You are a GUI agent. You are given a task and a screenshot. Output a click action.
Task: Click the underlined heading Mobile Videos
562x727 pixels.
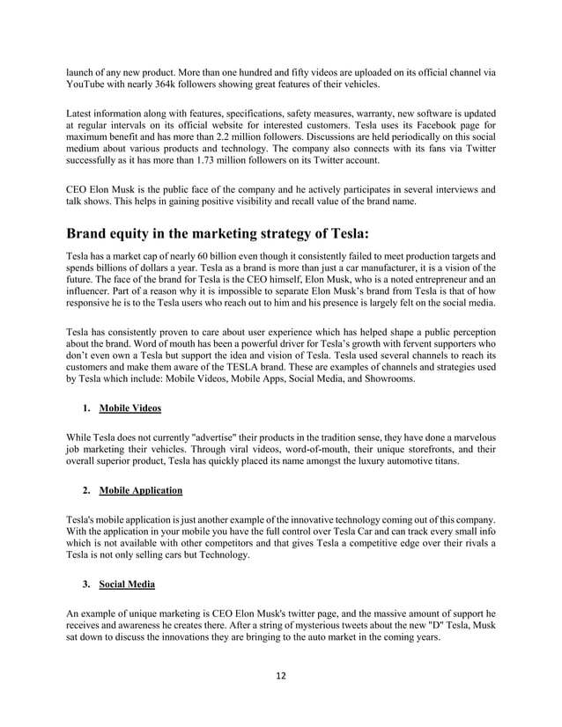129,408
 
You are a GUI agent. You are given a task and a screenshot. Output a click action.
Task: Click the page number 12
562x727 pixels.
281,676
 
